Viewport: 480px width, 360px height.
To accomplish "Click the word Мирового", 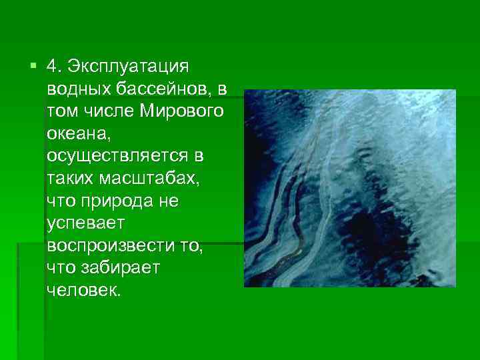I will coord(182,111).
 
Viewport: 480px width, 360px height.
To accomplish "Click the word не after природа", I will coord(169,201).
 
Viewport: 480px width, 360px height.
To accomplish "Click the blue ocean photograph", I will coord(349,188).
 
